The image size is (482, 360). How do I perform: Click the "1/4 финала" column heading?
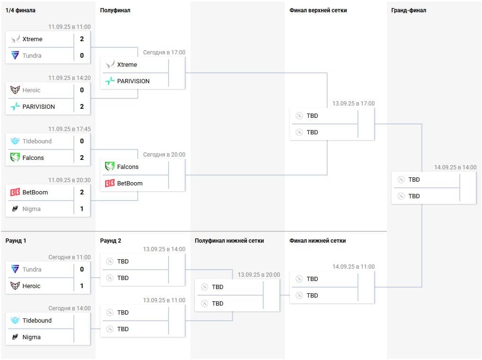click(20, 10)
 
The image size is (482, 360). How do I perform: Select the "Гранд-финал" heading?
click(409, 10)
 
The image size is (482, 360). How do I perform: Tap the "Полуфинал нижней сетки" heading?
click(229, 241)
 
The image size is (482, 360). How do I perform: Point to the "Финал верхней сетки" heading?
click(318, 10)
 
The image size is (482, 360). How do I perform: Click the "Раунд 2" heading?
click(111, 241)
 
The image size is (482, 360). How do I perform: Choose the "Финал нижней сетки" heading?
click(318, 241)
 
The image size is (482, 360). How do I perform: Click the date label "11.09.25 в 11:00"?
click(69, 27)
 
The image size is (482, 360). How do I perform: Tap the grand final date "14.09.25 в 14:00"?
click(455, 167)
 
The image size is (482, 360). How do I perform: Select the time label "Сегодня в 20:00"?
click(164, 155)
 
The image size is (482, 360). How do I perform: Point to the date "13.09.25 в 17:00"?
click(353, 104)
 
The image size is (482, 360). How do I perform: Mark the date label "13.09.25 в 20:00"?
click(259, 275)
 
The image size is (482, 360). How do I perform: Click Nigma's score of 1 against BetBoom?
click(82, 209)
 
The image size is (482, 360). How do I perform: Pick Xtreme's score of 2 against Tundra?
click(82, 39)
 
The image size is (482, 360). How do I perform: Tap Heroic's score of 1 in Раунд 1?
click(82, 286)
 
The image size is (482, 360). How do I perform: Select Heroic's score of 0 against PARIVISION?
click(82, 90)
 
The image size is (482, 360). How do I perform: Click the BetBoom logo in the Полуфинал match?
click(110, 184)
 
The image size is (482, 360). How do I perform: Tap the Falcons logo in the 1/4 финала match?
click(15, 158)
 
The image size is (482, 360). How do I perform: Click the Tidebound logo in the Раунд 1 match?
click(15, 321)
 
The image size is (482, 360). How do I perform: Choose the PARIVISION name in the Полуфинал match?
click(134, 81)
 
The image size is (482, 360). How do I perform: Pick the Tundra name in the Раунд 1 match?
click(32, 270)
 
